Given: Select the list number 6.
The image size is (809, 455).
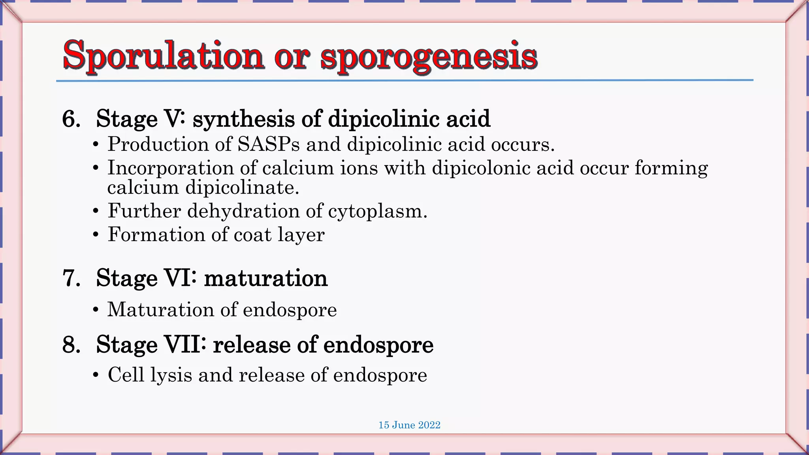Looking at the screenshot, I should click(x=71, y=119).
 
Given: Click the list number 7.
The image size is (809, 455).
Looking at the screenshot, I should click(x=71, y=278).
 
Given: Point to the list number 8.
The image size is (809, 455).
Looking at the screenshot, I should click(x=71, y=345).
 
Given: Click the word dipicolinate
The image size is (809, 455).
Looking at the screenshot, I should click(x=242, y=188).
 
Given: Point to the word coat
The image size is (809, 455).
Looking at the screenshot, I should click(x=252, y=235).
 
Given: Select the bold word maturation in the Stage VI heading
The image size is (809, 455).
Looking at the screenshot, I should click(x=266, y=278).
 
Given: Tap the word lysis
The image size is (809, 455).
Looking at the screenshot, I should click(x=171, y=375).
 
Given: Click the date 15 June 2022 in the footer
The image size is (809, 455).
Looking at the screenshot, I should click(x=409, y=425).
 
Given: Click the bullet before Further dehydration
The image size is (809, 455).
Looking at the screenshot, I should click(x=96, y=211).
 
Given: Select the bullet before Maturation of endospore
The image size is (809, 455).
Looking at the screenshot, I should click(x=96, y=310).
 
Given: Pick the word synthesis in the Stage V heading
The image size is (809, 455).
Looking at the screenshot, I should click(x=243, y=119).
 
